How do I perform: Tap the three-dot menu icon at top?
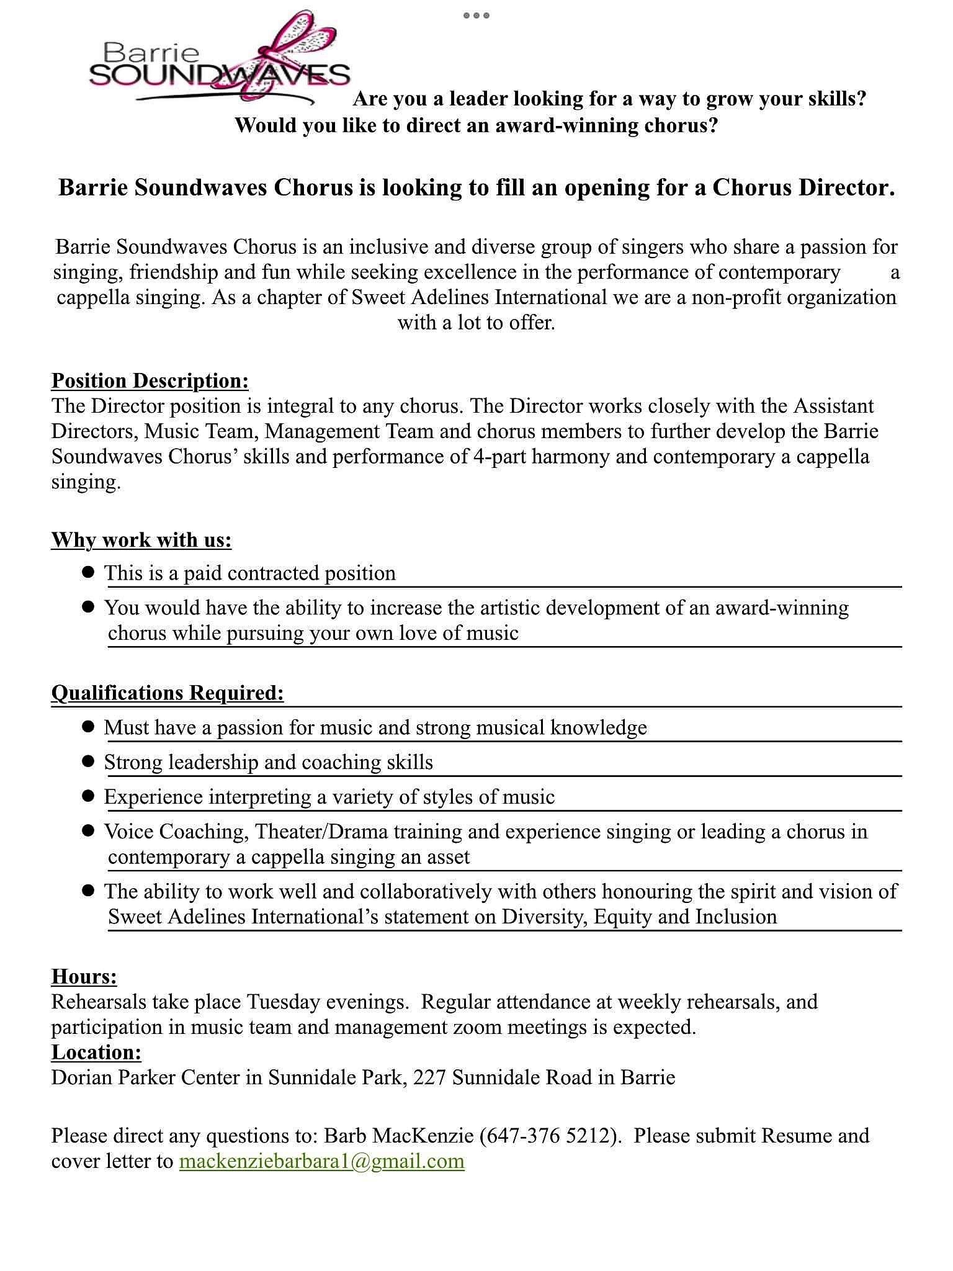pyautogui.click(x=476, y=16)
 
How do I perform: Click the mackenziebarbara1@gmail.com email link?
pyautogui.click(x=321, y=1161)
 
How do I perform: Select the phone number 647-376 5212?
pyautogui.click(x=550, y=1136)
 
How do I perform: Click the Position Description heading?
pyautogui.click(x=150, y=380)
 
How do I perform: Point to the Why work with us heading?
pyautogui.click(x=141, y=540)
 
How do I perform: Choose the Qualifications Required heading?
pyautogui.click(x=168, y=693)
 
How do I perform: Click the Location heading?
pyautogui.click(x=96, y=1052)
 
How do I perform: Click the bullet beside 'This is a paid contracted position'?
pyautogui.click(x=88, y=572)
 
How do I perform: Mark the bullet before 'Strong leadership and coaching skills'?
pyautogui.click(x=88, y=761)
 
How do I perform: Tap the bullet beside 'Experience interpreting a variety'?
pyautogui.click(x=88, y=796)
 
